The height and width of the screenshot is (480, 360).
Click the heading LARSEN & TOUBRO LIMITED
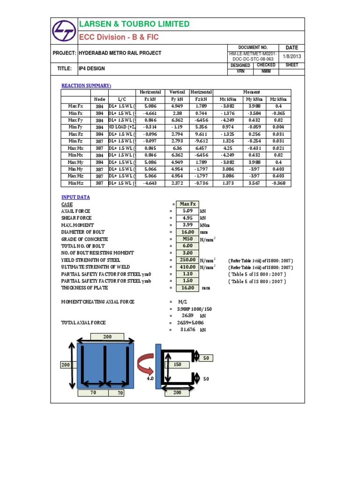click(135, 24)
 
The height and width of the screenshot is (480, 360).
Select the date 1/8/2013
click(292, 56)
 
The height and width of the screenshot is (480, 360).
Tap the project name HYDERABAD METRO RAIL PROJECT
click(120, 53)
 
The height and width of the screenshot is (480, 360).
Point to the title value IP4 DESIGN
click(92, 68)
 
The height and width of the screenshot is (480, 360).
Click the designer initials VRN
click(240, 72)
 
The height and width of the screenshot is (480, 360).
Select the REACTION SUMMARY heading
click(87, 85)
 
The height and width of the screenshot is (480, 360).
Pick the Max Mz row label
click(75, 176)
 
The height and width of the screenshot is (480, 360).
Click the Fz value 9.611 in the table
click(201, 134)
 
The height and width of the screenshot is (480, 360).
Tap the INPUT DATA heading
click(75, 197)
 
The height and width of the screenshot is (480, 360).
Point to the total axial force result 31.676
click(187, 330)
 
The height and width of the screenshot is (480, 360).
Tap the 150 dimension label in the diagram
click(178, 364)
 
